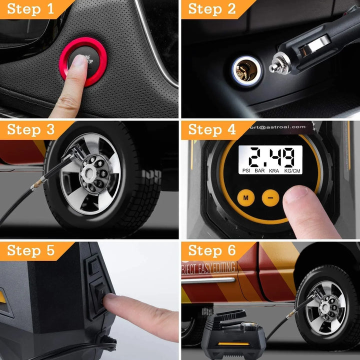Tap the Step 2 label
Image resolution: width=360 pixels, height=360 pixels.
[x=212, y=9]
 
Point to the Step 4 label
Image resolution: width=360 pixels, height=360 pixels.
[x=212, y=130]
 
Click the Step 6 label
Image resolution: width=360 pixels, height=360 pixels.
[x=212, y=250]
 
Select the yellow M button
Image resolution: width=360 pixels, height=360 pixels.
[x=245, y=197]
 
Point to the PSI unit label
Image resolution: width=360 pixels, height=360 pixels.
[x=246, y=170]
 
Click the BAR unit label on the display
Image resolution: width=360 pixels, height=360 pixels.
[x=260, y=170]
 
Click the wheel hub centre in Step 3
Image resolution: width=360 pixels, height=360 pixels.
[x=90, y=166]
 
